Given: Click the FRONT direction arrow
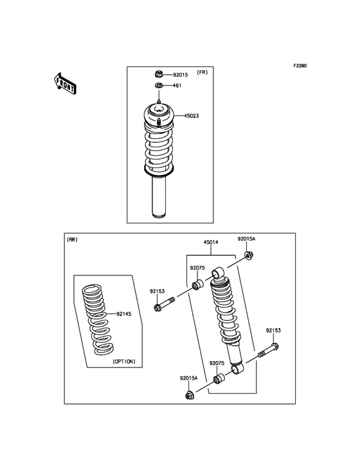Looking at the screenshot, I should click(65, 83).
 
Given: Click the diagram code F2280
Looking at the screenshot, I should click(300, 66).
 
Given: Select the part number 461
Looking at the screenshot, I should click(177, 86).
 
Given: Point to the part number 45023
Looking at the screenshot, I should click(192, 116).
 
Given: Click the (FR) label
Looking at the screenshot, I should click(202, 72).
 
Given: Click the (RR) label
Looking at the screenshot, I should click(72, 239).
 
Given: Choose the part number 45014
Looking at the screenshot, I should click(211, 243).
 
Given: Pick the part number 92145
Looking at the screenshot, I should click(124, 314).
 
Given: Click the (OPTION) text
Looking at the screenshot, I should click(123, 362).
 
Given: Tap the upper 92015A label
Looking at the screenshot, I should click(246, 239).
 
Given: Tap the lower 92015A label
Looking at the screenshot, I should click(189, 378).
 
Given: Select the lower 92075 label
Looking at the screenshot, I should click(217, 363).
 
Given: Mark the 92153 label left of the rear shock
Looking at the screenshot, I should click(158, 291).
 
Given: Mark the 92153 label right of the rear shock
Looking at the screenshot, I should click(274, 330).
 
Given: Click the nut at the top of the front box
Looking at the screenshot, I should click(159, 75).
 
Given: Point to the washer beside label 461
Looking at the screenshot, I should click(159, 86).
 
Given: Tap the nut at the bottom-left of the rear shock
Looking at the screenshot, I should click(189, 394).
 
